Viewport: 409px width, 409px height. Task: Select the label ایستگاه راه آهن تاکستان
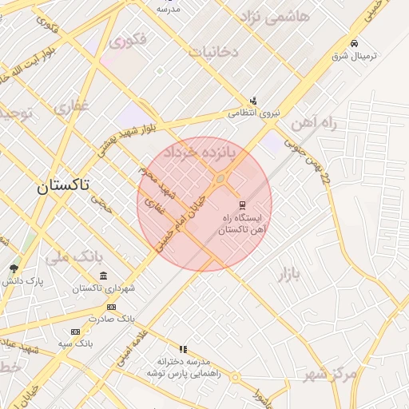click(x=245, y=223)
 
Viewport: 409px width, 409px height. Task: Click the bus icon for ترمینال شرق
click(x=354, y=43)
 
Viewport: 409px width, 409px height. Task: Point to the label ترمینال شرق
click(x=354, y=58)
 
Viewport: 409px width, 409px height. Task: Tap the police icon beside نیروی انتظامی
click(x=253, y=101)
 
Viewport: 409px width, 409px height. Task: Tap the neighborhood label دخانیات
click(x=213, y=52)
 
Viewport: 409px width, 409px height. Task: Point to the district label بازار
click(x=292, y=275)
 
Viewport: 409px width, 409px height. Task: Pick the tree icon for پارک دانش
click(x=14, y=268)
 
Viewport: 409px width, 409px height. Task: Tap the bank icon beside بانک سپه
click(x=75, y=332)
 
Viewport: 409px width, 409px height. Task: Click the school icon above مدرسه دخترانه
click(x=183, y=349)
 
